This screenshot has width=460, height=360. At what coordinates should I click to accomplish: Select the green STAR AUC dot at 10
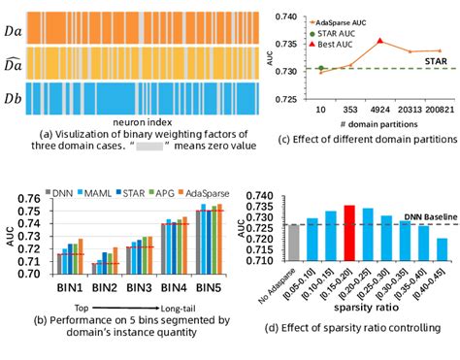tap(321, 68)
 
